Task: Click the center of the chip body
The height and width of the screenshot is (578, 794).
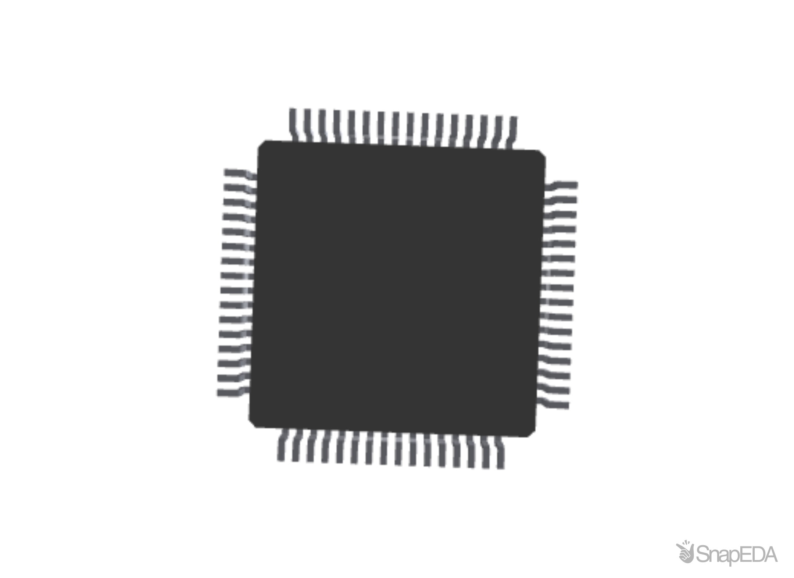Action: (397, 289)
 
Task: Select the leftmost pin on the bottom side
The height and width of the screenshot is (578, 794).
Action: (282, 447)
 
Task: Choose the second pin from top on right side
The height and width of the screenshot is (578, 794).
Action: (561, 200)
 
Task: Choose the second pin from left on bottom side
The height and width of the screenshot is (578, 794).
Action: (296, 448)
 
